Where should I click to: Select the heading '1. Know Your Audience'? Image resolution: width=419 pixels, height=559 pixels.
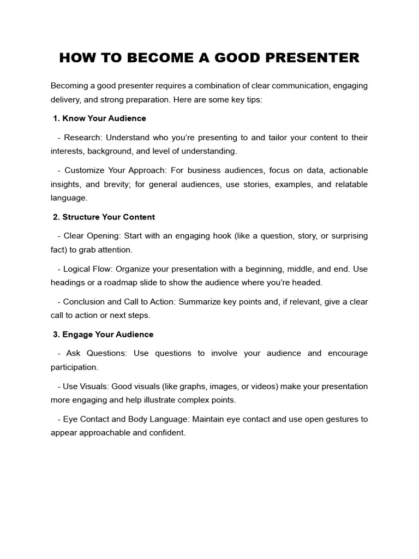[99, 118]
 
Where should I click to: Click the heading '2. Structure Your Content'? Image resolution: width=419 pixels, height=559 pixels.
[104, 217]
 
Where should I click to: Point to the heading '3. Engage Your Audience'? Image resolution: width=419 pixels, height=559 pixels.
[103, 334]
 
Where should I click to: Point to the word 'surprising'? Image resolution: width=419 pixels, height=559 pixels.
[348, 236]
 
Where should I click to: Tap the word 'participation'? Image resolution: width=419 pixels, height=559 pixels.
[74, 367]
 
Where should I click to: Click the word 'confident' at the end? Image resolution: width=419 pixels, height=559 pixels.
[169, 433]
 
